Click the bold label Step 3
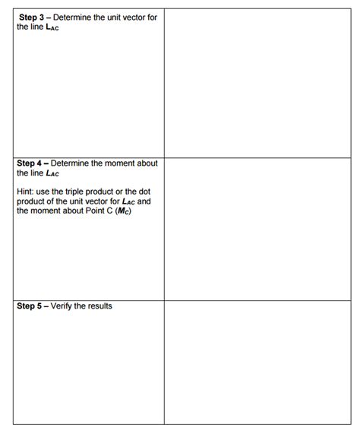click(31, 17)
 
